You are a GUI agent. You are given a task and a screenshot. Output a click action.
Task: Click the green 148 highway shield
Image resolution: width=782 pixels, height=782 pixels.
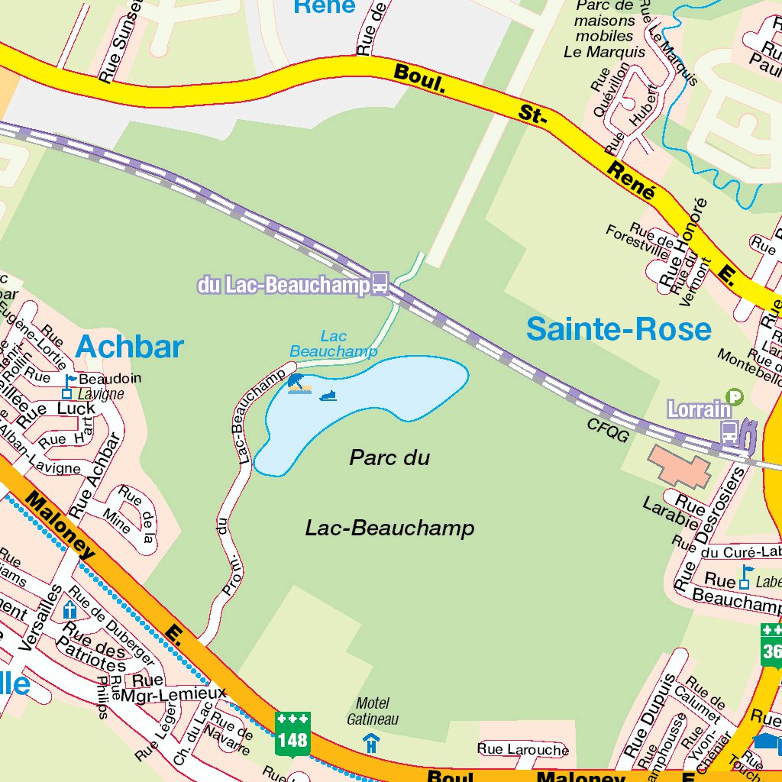292,733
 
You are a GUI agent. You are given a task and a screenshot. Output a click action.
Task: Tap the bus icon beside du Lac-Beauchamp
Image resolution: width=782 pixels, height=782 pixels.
380,284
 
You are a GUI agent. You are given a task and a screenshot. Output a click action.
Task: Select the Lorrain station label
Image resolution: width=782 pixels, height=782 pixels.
698,409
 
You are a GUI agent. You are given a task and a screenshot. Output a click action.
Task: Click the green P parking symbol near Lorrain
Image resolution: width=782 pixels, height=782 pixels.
734,396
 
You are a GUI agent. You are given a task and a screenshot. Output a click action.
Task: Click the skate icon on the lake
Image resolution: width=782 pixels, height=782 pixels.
328,396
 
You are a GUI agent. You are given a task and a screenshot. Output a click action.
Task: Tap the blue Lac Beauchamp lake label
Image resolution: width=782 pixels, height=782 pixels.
334,344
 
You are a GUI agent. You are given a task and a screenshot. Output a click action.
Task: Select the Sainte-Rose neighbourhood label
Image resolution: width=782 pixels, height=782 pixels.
619,329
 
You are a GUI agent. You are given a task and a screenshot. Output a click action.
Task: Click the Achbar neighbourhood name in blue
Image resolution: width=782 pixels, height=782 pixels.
129,347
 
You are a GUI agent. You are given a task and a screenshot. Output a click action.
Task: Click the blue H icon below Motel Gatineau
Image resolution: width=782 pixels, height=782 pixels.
371,742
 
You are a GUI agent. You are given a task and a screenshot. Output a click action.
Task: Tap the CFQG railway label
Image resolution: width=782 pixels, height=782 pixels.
608,430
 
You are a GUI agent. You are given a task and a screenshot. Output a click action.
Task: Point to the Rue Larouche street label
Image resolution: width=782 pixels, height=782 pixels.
523,749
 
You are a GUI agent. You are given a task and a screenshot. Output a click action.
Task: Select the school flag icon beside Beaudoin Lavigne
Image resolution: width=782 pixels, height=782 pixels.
69,386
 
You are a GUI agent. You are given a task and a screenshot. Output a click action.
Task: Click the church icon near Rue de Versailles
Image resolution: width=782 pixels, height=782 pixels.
70,610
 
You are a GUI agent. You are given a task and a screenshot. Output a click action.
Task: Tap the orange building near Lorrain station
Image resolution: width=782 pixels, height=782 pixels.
679,467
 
